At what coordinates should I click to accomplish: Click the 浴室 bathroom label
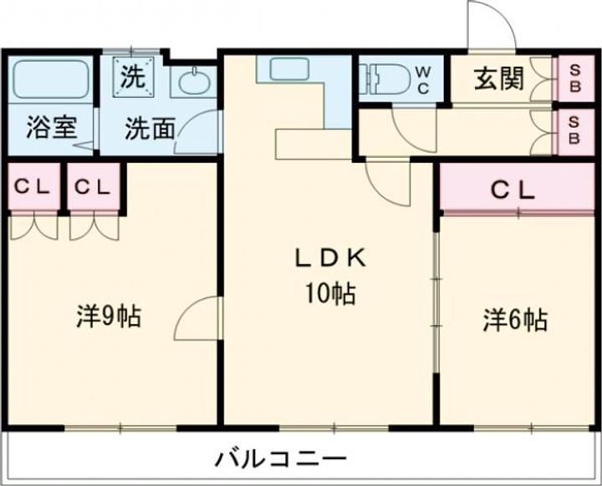coord(52,129)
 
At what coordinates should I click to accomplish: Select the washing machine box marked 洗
coord(134,78)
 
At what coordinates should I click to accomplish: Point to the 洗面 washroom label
coord(150,129)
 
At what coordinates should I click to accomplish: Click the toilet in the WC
coord(380,78)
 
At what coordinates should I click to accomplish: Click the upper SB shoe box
coord(574,78)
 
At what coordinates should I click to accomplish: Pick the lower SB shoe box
coord(574,129)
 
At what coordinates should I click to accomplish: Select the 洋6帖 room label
coord(515,319)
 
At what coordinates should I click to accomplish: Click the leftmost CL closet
coord(33,188)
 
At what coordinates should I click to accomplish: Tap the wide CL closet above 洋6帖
coord(512,190)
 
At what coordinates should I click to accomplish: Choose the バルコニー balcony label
coord(279,458)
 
